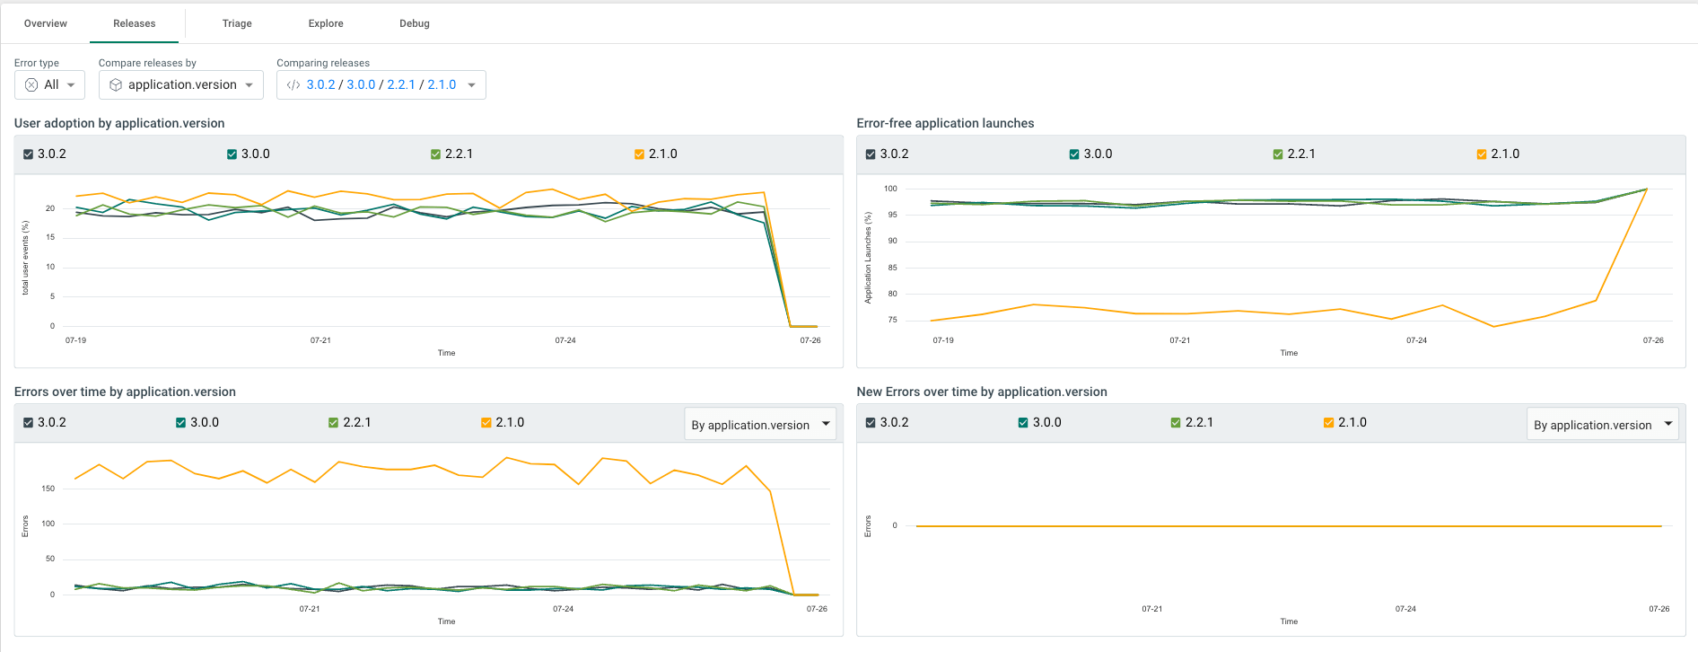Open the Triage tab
[x=237, y=23]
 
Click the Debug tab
[x=414, y=23]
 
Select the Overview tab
[x=46, y=23]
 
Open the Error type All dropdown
[x=50, y=84]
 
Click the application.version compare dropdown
[x=181, y=84]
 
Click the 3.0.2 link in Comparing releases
[x=320, y=84]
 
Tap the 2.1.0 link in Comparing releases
[x=442, y=84]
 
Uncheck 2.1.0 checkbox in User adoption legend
[x=639, y=154]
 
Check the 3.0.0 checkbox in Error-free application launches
[x=1074, y=154]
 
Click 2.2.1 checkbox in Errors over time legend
[x=333, y=423]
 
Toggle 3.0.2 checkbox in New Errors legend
[x=871, y=423]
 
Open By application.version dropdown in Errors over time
[x=760, y=425]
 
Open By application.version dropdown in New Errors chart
[x=1602, y=425]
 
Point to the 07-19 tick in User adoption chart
[x=75, y=340]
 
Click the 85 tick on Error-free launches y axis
[x=892, y=268]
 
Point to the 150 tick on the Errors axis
[x=48, y=489]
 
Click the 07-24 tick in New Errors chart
[x=1405, y=609]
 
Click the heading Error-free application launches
[x=945, y=123]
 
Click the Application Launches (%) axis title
[x=868, y=258]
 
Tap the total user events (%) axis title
[x=25, y=258]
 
